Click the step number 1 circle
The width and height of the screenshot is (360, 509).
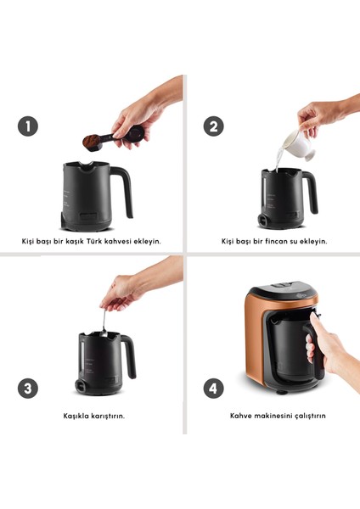(28, 126)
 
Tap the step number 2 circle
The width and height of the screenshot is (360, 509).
(213, 126)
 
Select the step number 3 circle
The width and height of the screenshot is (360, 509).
(28, 389)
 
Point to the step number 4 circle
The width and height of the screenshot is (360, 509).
(213, 389)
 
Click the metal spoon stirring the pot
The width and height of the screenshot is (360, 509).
(104, 323)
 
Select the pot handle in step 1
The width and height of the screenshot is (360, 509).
(123, 192)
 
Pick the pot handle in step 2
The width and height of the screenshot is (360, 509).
(310, 193)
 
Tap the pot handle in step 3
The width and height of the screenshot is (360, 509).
(128, 356)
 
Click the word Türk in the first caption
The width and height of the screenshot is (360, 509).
(94, 241)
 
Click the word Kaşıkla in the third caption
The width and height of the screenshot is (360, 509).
(76, 416)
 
